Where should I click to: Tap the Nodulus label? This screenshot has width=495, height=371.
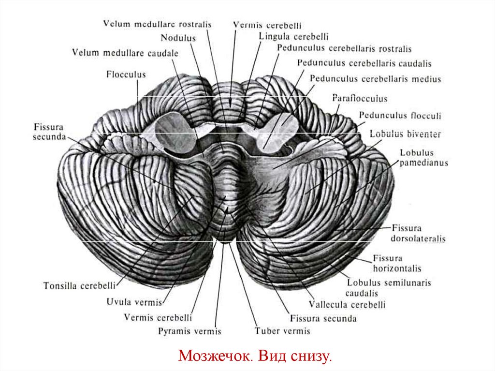click(178, 38)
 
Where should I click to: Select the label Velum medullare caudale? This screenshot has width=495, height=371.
click(125, 53)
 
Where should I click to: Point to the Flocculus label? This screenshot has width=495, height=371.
click(126, 74)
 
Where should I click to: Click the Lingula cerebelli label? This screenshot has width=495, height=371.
click(293, 36)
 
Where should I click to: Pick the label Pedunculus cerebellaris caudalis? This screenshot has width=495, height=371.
click(364, 63)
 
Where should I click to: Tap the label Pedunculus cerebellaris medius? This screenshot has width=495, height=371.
click(376, 78)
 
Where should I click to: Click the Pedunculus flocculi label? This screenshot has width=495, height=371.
click(400, 116)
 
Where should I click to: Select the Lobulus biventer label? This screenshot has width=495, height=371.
click(405, 134)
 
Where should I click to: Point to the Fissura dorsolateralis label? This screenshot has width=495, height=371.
click(419, 233)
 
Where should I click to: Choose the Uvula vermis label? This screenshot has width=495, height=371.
click(133, 303)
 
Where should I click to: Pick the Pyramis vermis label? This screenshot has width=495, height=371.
click(189, 331)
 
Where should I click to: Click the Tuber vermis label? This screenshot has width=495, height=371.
click(282, 331)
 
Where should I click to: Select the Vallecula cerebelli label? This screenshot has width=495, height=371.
click(347, 305)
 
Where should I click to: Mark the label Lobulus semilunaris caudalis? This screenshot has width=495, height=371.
click(389, 287)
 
